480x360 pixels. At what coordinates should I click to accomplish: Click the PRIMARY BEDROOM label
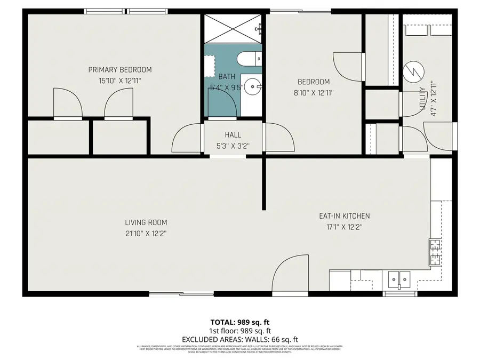point(119,70)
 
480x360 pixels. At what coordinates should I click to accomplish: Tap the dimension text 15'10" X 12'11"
point(119,81)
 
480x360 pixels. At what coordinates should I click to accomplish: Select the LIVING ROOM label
point(146,222)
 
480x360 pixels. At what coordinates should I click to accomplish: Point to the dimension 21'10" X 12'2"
point(146,233)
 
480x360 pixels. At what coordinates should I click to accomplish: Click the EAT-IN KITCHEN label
point(344,216)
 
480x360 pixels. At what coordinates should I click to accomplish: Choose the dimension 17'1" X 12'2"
point(344,227)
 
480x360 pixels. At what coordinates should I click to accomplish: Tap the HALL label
point(233,135)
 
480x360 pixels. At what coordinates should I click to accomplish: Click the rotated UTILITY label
point(422,99)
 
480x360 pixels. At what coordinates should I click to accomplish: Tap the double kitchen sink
point(399,278)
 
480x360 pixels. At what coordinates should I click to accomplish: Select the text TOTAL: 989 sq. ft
point(239,322)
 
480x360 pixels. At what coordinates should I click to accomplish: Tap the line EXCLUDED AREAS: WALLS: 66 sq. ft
point(239,339)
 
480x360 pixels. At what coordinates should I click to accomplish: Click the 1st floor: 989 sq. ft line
point(239,331)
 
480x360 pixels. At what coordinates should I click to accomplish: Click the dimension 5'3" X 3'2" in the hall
point(233,145)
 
